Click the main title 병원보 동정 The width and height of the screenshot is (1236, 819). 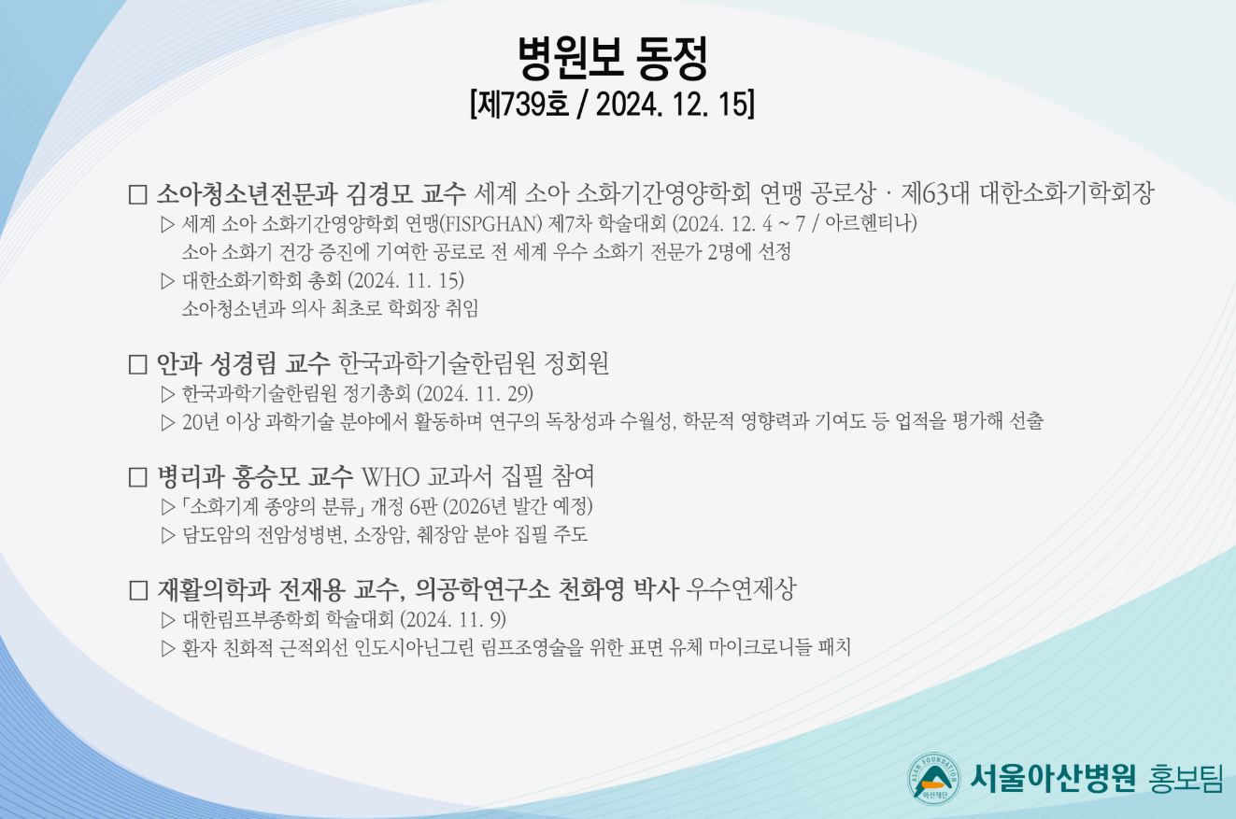click(x=613, y=58)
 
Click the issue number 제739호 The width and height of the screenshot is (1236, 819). click(x=521, y=105)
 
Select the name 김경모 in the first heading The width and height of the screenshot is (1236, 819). click(x=379, y=193)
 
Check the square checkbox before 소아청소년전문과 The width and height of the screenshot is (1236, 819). click(x=138, y=194)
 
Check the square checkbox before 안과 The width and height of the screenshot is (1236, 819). click(x=138, y=364)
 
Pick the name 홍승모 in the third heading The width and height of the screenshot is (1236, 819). click(x=266, y=476)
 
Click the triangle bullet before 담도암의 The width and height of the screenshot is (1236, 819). click(x=168, y=535)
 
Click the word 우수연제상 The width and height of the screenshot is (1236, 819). click(x=741, y=589)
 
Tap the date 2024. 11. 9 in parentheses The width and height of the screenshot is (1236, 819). click(x=453, y=619)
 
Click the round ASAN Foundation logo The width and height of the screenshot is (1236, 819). click(x=933, y=778)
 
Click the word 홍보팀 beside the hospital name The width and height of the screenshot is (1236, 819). click(x=1186, y=778)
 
